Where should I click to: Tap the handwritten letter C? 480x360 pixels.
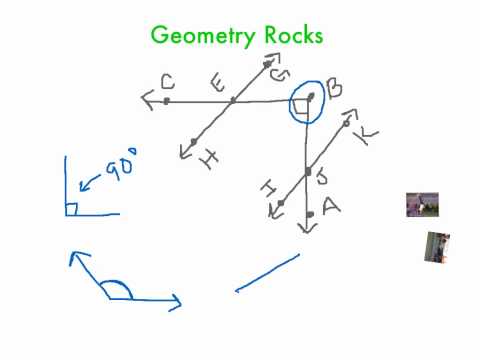[166, 82]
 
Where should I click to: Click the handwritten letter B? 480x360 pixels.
[333, 88]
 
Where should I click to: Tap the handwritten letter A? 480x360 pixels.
[331, 206]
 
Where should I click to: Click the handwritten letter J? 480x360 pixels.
[322, 179]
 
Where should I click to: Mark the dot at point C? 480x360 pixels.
[165, 100]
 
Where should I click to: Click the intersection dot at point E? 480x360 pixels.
[232, 100]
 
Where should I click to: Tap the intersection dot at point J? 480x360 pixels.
[307, 173]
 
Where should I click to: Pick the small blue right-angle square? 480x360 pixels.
[71, 208]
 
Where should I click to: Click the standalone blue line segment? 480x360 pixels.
[267, 273]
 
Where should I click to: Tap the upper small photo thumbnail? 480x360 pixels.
[422, 204]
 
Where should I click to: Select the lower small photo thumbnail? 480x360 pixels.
[437, 247]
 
